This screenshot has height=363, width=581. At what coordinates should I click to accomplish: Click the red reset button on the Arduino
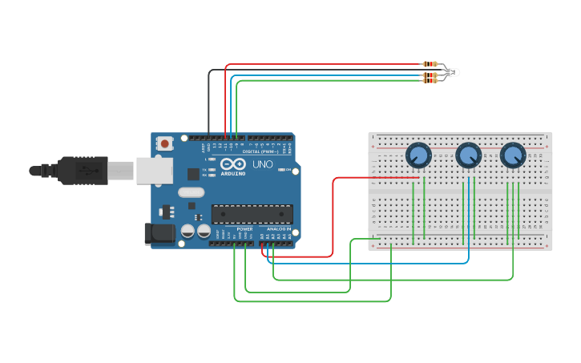point(165,143)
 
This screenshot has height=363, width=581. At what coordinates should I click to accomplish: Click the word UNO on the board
point(262,164)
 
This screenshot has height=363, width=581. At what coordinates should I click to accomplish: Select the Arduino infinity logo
point(233,163)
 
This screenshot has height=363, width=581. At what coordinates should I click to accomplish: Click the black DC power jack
point(159,233)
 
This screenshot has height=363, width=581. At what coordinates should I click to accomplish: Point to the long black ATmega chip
point(252,214)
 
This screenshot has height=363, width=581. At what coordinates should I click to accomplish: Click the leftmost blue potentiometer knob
point(418,154)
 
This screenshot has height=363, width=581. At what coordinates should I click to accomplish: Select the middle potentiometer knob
point(468,154)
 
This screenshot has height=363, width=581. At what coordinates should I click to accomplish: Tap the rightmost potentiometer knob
point(513,154)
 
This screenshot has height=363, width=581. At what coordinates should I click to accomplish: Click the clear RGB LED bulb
point(454,73)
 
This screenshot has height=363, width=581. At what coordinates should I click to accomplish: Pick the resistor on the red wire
point(430,64)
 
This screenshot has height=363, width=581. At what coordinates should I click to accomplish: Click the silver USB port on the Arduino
point(154,171)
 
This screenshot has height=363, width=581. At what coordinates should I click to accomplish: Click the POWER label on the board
point(244,228)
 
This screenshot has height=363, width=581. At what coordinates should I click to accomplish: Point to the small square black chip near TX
point(193,174)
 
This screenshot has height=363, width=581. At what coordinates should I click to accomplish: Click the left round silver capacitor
point(188,231)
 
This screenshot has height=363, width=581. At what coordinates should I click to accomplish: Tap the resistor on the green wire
point(430,80)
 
